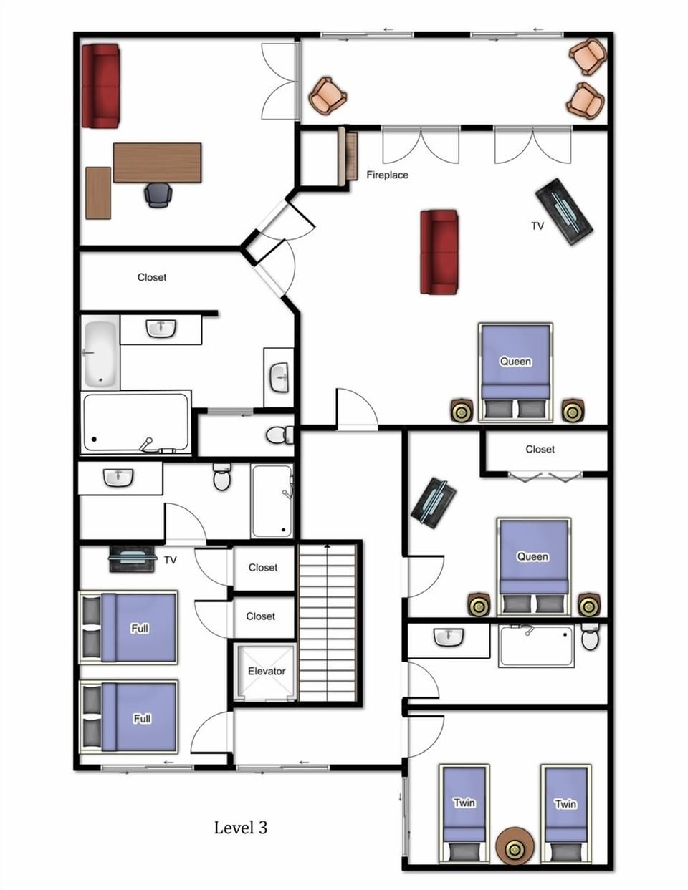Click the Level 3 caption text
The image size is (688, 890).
[x=240, y=828]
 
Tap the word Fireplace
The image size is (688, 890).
[x=387, y=175]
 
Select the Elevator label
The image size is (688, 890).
[x=266, y=671]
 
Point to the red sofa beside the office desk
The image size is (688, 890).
[x=100, y=86]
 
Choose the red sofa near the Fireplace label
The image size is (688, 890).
[x=439, y=251]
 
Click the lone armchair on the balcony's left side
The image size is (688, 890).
[x=328, y=96]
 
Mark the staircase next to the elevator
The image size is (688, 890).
[x=328, y=622]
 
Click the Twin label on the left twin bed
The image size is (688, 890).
[x=464, y=803]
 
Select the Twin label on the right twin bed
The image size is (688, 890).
[x=565, y=803]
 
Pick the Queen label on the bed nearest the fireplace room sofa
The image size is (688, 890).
[x=515, y=361]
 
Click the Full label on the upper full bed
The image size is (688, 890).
[x=140, y=628]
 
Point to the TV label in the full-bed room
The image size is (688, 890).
[x=170, y=560]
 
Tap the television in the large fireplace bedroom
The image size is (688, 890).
[x=565, y=211]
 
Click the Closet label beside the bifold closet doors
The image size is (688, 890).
[x=540, y=449]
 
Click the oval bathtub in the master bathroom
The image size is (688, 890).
[x=99, y=354]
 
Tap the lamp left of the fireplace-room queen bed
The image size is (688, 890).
[x=462, y=411]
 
